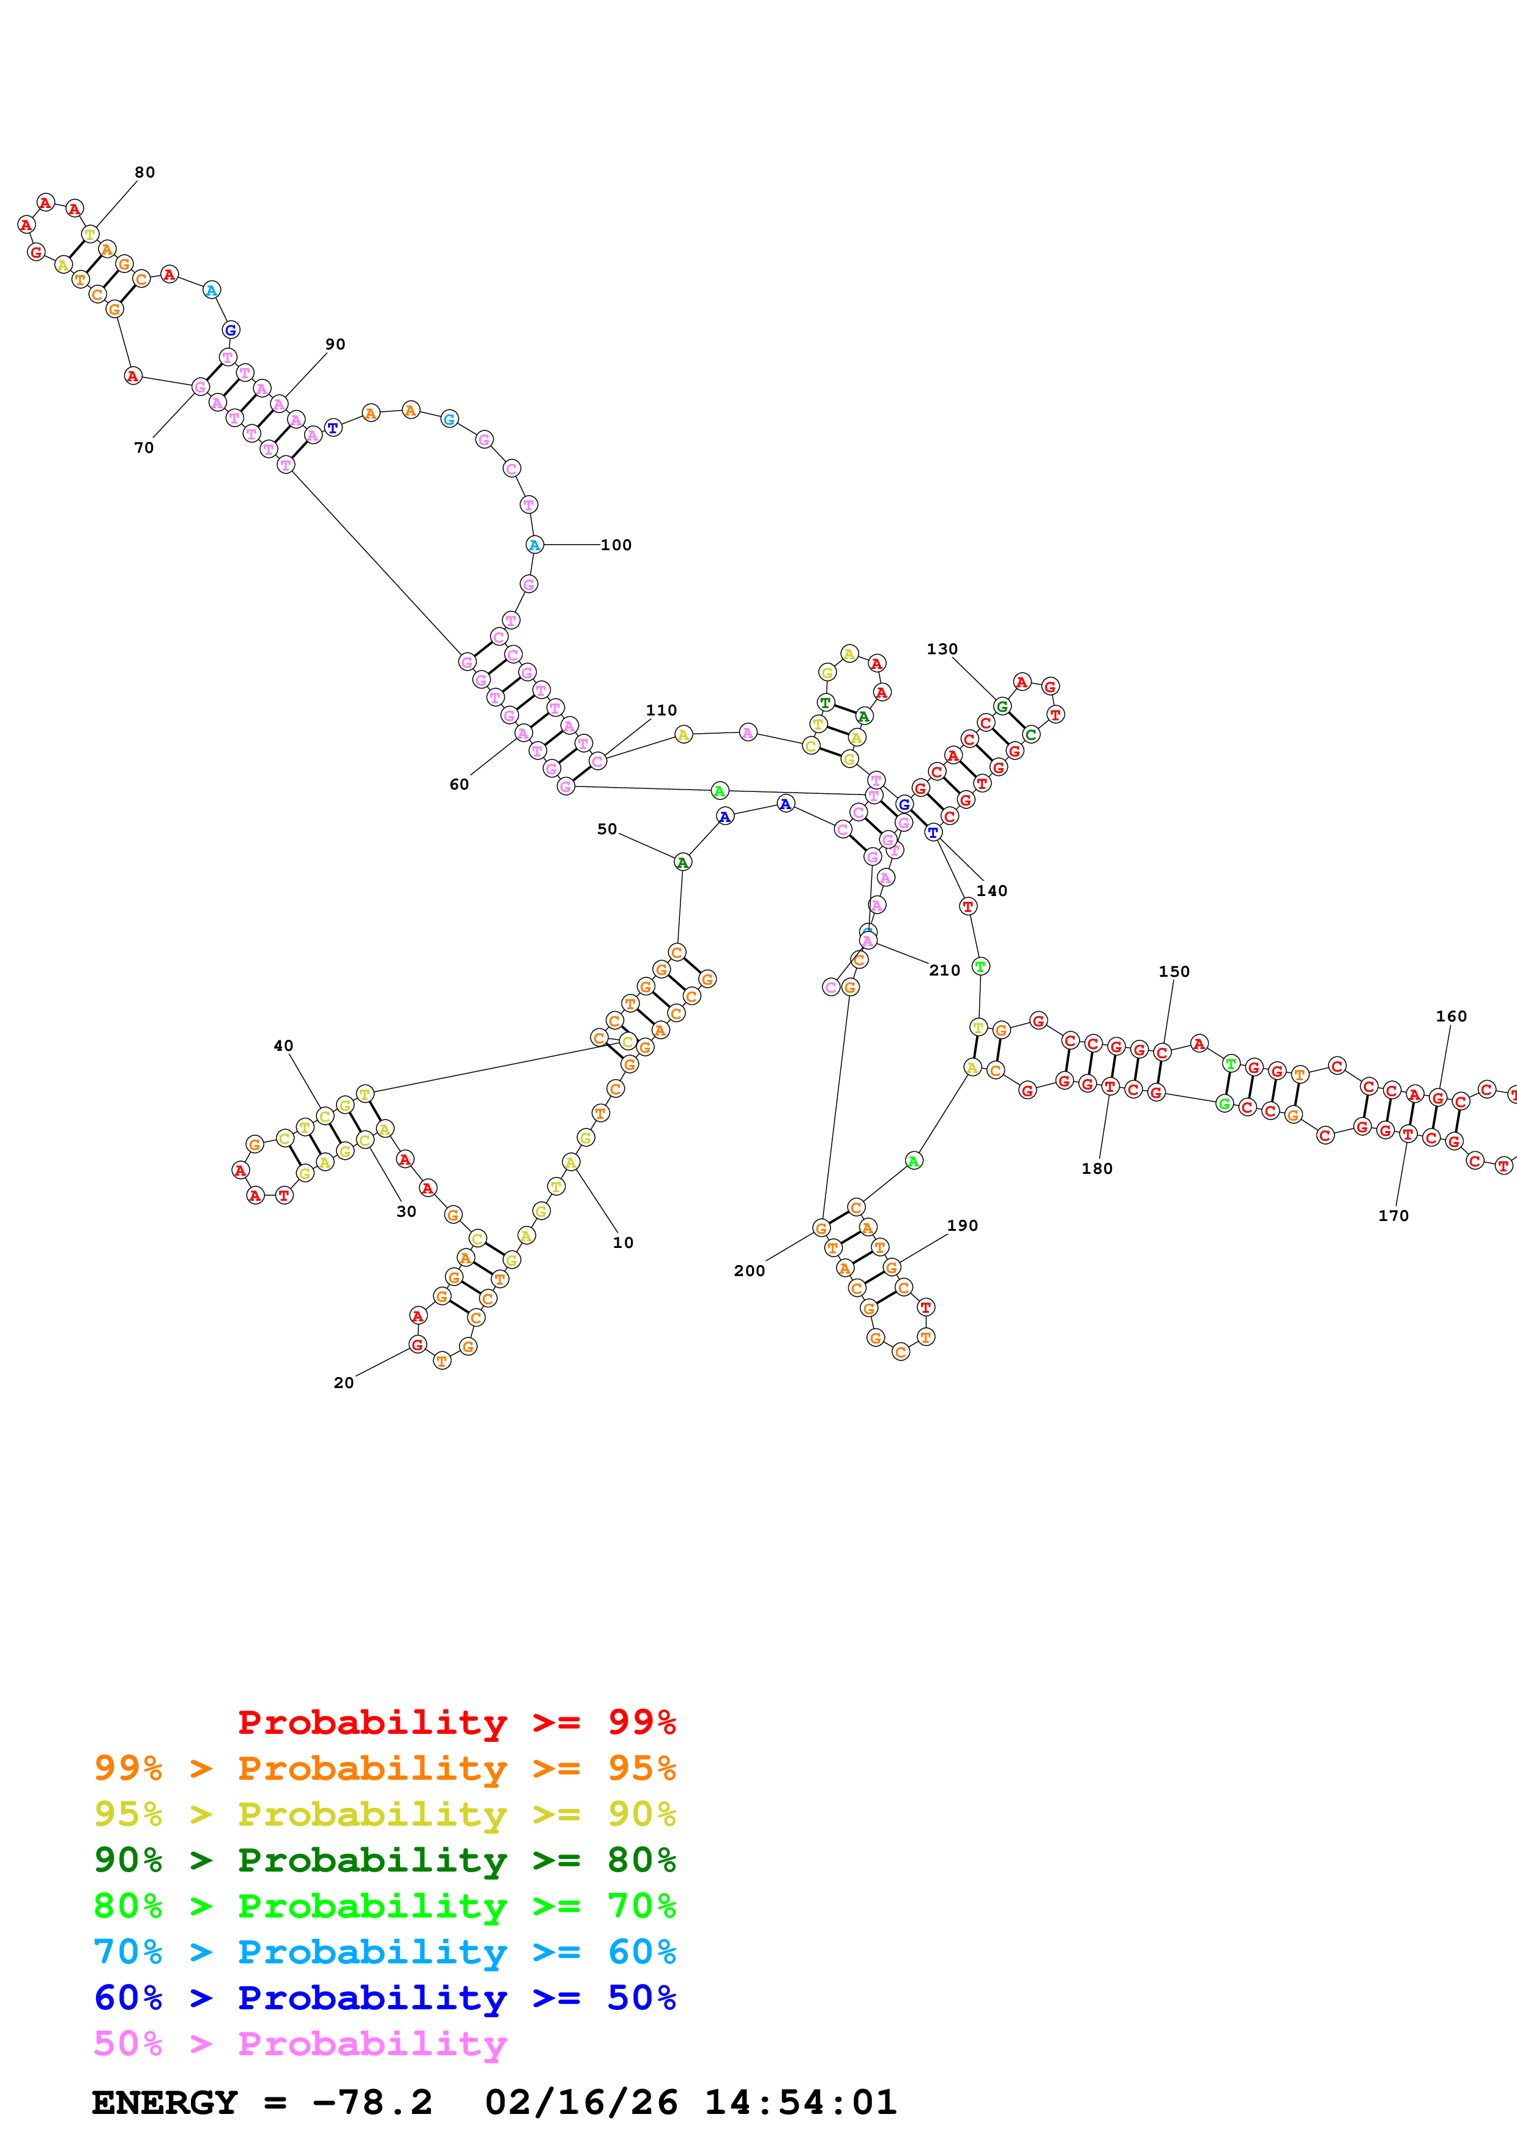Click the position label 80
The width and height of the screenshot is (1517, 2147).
pos(145,172)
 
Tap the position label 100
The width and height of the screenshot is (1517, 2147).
pos(616,545)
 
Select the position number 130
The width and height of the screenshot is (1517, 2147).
pos(942,649)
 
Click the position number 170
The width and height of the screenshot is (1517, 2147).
pos(1393,1215)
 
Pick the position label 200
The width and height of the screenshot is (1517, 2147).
pos(750,1271)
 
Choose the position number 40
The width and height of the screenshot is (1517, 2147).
pos(283,1045)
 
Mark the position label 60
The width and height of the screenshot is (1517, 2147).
pos(459,785)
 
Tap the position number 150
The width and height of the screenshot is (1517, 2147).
pos(1174,971)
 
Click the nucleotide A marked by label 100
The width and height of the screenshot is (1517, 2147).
pos(534,545)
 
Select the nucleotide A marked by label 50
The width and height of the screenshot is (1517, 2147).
pos(682,862)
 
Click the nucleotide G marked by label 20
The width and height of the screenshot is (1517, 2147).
pos(417,1345)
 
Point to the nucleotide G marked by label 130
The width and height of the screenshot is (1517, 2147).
pos(1002,706)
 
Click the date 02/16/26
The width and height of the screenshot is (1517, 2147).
pos(581,2102)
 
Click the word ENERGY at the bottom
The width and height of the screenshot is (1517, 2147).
pos(165,2102)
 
